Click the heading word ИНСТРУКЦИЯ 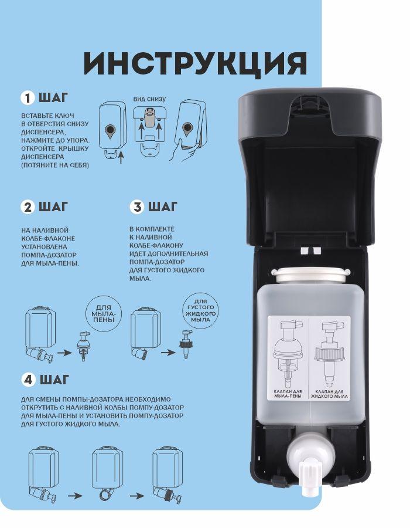pos(195,65)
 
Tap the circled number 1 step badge pos(28,97)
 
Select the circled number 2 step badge pos(28,207)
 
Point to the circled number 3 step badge pos(137,207)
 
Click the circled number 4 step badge pos(29,380)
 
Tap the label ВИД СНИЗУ pos(149,99)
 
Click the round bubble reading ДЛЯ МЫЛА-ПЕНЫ pos(104,313)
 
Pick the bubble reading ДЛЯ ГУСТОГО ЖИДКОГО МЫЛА pos(201,310)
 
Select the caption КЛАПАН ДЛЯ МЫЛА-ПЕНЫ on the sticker pos(288,394)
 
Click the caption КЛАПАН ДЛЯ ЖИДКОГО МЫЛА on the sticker pos(329,394)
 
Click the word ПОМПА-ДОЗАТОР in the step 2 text pos(49,255)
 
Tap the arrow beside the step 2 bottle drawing pos(64,353)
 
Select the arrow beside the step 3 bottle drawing pos(168,353)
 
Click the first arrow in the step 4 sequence pos(75,496)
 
